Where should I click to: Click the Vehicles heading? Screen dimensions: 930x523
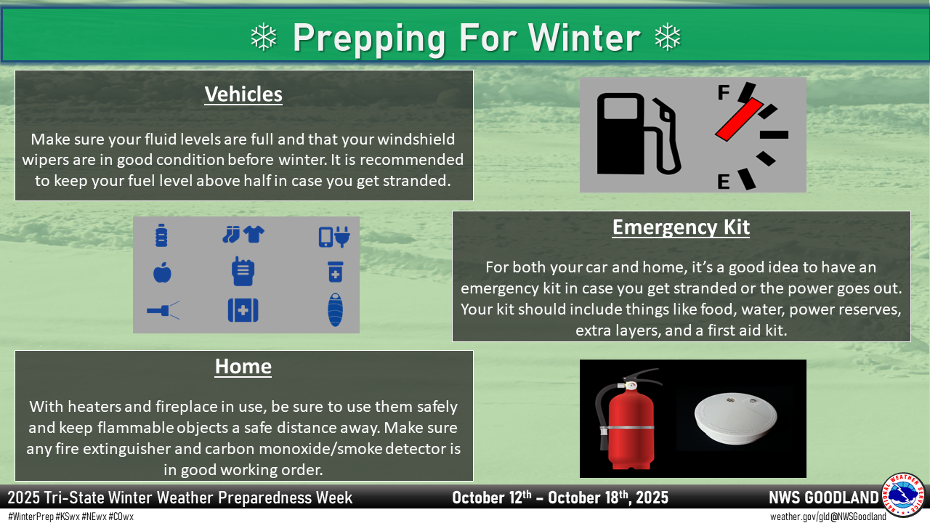point(243,94)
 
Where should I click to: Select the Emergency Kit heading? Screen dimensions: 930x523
point(681,227)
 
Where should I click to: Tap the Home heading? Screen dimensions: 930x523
point(243,367)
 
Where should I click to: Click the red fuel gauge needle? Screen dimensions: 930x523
point(739,119)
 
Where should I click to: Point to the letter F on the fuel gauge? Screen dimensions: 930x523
point(724,92)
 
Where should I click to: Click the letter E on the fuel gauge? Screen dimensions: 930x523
point(724,182)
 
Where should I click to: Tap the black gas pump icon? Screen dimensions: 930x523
point(639,134)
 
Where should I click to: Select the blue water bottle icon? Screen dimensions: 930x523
point(161,235)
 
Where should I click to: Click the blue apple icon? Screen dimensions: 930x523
point(162,272)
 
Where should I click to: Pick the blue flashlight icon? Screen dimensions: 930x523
point(163,310)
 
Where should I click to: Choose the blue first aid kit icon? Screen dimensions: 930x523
point(243,310)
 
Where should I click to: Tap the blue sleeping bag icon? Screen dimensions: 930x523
point(335,309)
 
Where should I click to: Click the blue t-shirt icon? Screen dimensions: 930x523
point(254,234)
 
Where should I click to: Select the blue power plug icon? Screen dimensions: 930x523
point(342,236)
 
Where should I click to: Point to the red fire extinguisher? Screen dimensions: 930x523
point(628,419)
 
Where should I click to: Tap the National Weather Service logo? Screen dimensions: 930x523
point(903,495)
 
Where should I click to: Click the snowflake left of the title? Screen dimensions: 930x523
point(264,37)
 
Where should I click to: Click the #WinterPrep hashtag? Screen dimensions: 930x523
point(31,516)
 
